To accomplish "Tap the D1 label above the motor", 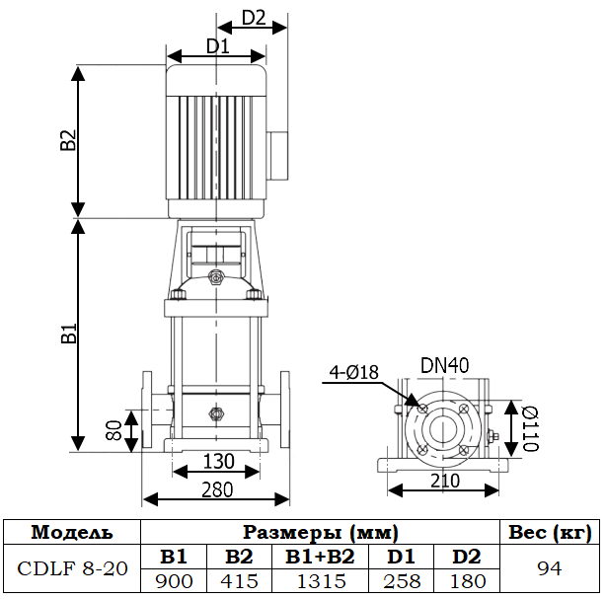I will pos(217,45).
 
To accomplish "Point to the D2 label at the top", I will pos(254,18).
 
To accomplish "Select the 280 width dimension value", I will pos(218,488).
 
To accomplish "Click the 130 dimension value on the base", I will pos(218,461).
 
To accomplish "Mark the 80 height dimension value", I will pos(114,429).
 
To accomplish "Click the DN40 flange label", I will pos(444,365).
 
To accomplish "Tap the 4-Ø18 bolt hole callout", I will pos(353,372).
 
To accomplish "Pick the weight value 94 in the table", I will pos(548,569).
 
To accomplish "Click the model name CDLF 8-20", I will pos(72,569).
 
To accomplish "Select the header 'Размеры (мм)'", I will pos(321,533).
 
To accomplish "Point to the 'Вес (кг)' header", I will pos(548,533).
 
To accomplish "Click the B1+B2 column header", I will pos(320,558).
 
